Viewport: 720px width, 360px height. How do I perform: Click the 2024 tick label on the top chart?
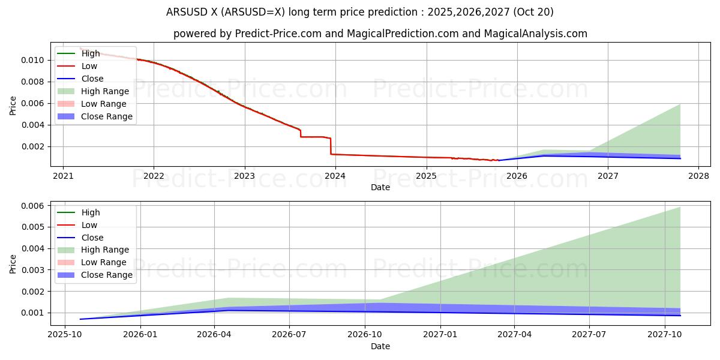coord(335,176)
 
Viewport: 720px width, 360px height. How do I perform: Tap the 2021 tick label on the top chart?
coord(63,176)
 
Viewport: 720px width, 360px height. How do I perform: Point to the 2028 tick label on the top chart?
coord(698,176)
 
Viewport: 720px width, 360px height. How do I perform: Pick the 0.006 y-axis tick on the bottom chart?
coord(34,206)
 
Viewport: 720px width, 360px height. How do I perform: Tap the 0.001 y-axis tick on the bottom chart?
coord(34,313)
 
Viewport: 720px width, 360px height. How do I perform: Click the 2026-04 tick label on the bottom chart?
coord(215,335)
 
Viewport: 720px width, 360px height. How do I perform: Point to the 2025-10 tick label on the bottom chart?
coord(65,335)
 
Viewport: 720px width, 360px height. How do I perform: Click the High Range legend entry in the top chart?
coord(104,91)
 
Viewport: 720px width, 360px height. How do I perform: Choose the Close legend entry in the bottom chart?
coord(92,238)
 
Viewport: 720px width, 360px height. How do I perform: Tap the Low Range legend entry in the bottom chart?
coord(103,262)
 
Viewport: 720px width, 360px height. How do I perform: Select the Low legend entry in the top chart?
coord(89,66)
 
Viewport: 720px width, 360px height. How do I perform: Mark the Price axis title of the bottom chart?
coord(13,264)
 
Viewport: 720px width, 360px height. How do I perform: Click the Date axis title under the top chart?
coord(380,187)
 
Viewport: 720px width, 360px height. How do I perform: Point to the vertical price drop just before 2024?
coord(331,146)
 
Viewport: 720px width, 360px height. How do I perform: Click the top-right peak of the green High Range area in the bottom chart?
coord(680,208)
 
